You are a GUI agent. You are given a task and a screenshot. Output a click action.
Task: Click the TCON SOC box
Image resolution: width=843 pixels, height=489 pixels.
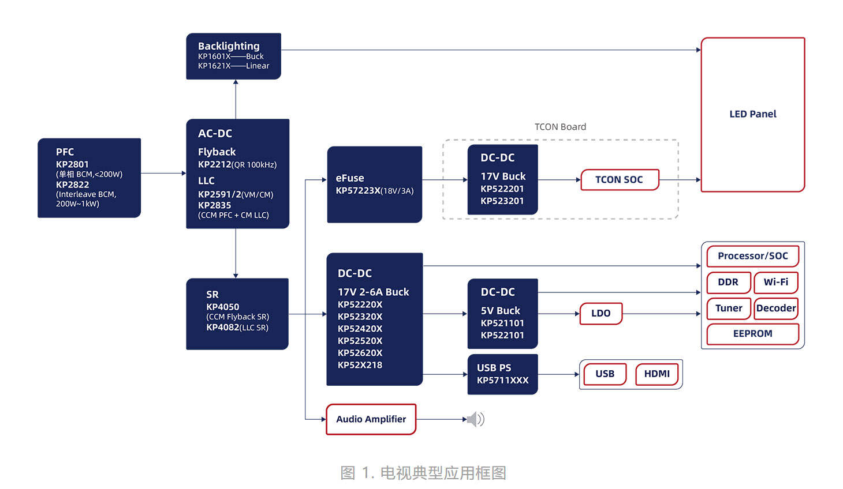619,180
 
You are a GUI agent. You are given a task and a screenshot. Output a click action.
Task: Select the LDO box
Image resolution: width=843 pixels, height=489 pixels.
600,313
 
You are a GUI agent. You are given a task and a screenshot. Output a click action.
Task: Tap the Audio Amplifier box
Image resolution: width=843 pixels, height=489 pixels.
371,419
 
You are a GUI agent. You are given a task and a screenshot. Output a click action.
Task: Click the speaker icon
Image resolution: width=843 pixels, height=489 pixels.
476,419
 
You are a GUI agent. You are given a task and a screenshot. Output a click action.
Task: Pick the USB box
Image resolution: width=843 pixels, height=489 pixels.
605,374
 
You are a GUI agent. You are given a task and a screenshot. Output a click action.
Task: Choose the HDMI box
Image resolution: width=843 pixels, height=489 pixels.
657,374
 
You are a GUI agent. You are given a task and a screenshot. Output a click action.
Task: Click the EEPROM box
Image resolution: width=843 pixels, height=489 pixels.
752,334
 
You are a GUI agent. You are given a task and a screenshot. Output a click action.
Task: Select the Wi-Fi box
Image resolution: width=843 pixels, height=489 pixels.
775,282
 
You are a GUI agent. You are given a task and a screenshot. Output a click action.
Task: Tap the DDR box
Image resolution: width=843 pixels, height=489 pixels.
728,282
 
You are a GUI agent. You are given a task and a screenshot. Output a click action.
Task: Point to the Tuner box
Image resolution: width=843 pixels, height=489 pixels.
728,308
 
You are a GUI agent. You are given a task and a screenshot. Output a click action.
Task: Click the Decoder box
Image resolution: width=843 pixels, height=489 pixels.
775,308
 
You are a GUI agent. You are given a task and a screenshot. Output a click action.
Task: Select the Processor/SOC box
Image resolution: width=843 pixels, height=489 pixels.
752,256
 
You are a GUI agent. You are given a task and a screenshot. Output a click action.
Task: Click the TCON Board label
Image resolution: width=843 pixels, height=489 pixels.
560,127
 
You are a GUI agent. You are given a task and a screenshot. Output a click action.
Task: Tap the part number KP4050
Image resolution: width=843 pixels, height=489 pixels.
222,307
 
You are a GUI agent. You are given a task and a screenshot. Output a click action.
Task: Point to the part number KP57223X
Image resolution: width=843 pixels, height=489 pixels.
358,190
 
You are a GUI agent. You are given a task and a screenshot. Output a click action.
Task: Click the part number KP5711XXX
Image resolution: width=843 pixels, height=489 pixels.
502,380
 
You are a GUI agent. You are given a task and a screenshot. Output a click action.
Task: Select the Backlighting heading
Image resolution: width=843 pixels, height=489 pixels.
229,46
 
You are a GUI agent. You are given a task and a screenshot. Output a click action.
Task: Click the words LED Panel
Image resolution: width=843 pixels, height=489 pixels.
752,114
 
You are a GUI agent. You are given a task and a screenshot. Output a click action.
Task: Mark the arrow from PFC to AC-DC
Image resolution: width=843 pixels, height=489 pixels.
163,173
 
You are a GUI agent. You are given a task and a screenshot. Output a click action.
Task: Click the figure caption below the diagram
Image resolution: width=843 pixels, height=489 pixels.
423,473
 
